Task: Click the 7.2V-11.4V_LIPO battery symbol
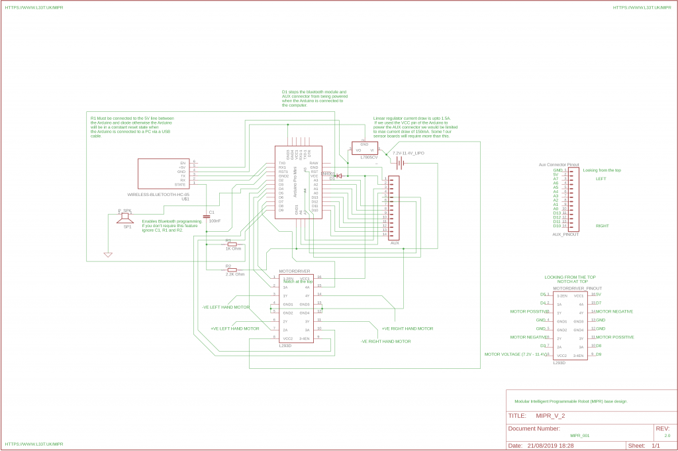tap(401, 163)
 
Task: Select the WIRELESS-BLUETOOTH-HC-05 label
tap(158, 194)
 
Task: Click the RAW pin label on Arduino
tap(314, 163)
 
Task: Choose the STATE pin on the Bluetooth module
tap(180, 184)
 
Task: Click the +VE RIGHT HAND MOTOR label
tap(407, 328)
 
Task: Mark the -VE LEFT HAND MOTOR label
tap(226, 307)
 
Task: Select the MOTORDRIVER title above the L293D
tap(295, 272)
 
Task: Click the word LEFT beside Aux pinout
tap(601, 179)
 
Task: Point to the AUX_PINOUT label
tap(565, 234)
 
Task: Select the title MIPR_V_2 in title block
tap(550, 416)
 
